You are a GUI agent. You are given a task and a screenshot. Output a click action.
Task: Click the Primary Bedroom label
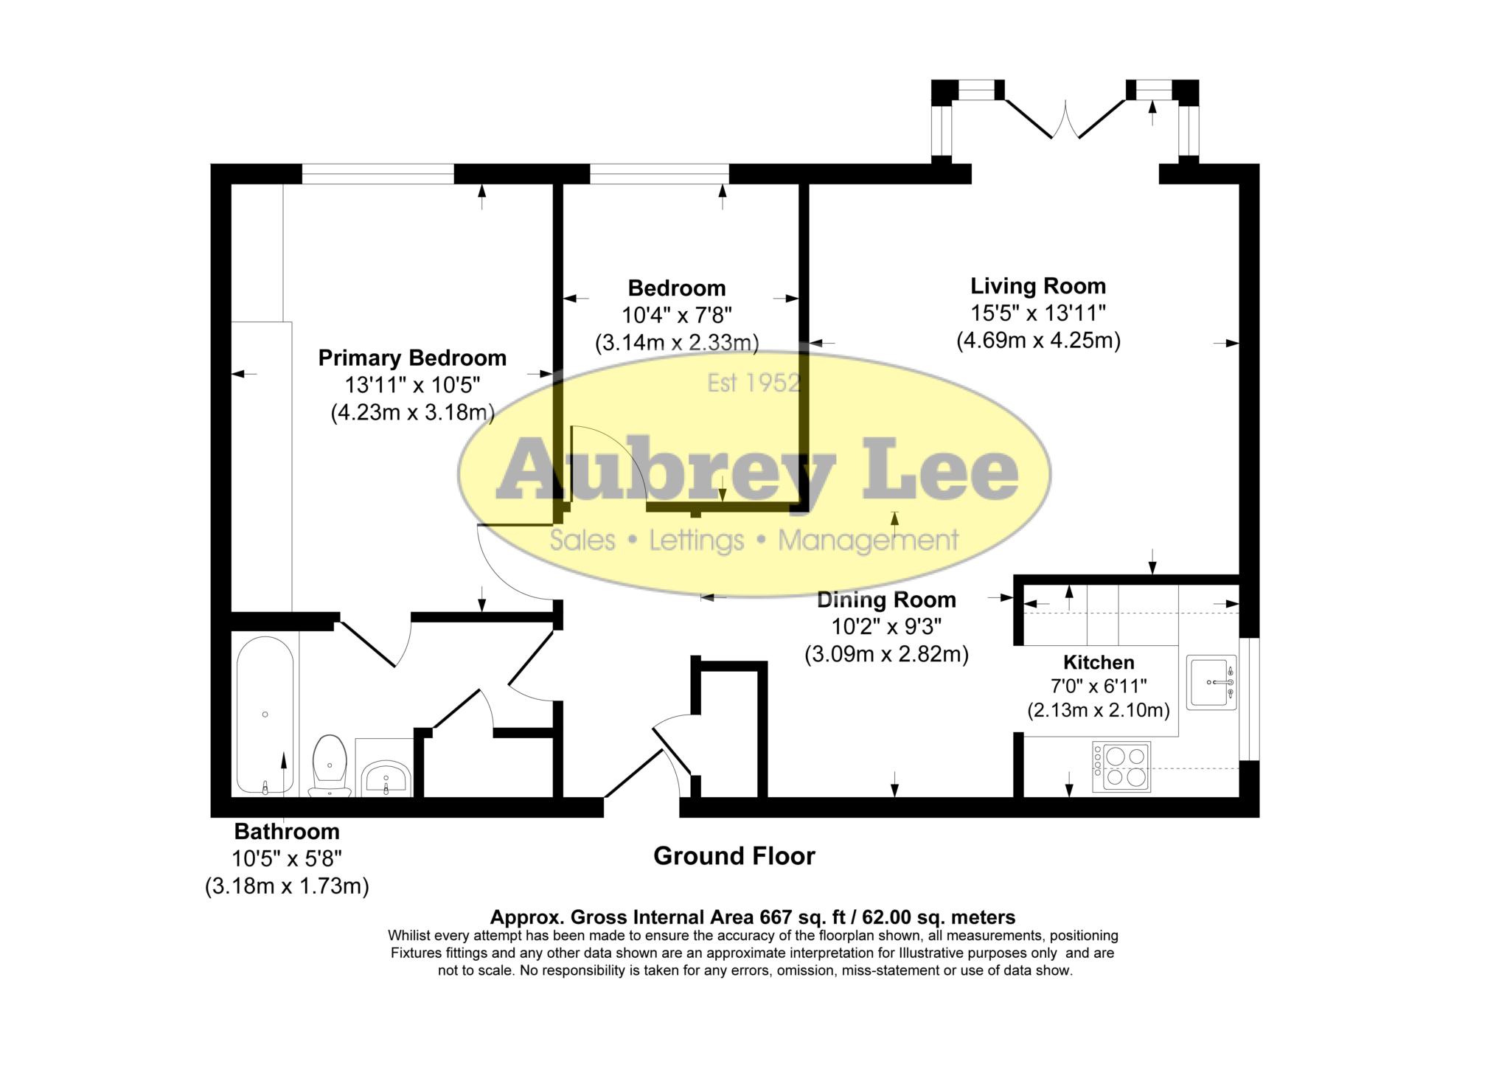tap(412, 358)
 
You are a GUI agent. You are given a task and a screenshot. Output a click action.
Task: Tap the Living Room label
tap(1037, 286)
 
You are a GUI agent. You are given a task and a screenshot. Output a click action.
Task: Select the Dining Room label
tap(886, 600)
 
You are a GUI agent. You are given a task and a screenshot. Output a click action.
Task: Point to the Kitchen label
tap(1098, 662)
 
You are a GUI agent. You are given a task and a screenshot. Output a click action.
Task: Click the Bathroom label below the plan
tap(287, 832)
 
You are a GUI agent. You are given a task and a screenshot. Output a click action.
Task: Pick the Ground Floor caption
tap(734, 856)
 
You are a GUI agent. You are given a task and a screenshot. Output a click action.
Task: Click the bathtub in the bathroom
tap(265, 714)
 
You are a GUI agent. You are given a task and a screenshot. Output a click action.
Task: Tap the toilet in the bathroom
tap(330, 764)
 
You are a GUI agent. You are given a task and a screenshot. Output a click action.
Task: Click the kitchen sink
tap(1211, 682)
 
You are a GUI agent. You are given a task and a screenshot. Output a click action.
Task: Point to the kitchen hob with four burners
tap(1121, 766)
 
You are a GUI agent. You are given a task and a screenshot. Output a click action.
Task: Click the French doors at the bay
tap(1065, 121)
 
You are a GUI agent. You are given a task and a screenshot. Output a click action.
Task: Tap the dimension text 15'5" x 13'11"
tap(1037, 313)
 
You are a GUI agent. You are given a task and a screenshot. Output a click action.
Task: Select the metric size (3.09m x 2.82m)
tap(886, 654)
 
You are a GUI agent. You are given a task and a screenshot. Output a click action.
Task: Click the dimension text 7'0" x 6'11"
tap(1098, 687)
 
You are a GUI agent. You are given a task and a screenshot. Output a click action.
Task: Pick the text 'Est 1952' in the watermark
tap(753, 383)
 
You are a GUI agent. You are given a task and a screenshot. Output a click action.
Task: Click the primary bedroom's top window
tap(377, 174)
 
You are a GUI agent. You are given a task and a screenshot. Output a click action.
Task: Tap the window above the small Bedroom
tap(659, 174)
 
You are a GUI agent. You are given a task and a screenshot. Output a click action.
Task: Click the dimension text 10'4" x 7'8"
tap(676, 316)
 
